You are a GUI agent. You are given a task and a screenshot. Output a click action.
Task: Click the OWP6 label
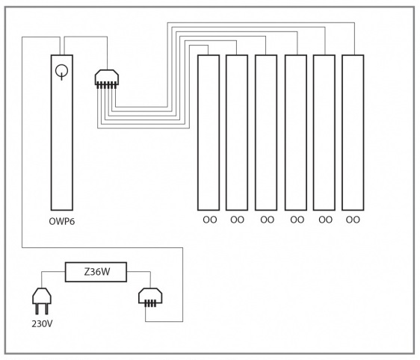pos(62,221)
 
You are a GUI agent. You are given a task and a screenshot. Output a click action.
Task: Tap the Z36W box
pos(96,272)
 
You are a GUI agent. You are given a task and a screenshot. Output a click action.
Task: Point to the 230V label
pos(42,324)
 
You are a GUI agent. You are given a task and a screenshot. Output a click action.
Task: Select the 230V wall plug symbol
pos(42,301)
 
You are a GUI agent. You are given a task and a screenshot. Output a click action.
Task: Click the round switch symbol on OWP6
pos(61,72)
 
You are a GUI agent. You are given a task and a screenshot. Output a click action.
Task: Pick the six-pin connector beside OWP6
pos(107,79)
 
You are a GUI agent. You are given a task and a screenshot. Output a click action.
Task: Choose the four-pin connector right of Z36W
pos(150,297)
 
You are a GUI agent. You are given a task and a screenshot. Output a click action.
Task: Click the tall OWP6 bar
pos(62,133)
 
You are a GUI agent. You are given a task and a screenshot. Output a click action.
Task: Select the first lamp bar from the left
pos(209,133)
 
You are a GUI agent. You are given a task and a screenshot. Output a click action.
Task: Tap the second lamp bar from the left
pos(237,133)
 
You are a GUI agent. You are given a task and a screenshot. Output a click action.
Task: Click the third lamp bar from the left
pos(266,133)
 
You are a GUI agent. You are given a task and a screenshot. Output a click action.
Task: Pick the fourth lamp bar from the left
pos(296,133)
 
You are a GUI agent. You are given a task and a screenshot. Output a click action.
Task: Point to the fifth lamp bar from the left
pos(324,133)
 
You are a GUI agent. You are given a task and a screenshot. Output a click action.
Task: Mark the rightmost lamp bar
pos(353,133)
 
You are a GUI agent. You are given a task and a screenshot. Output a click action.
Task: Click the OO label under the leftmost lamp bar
pos(210,220)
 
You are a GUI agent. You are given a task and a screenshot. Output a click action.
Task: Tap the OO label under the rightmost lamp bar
pos(353,220)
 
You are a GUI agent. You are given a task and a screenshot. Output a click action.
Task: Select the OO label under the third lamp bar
pos(267,220)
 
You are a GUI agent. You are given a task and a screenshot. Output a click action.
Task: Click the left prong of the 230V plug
pos(37,309)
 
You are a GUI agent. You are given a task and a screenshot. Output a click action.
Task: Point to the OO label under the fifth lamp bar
pos(325,220)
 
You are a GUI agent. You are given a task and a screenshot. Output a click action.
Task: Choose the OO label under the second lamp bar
pos(237,220)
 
